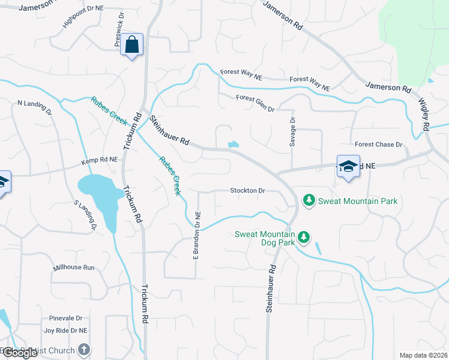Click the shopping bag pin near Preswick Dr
131,45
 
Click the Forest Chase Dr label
378,145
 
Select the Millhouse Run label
74,267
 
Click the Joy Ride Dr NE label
66,331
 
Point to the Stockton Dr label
247,191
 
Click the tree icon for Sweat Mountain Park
309,200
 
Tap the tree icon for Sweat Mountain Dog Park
304,238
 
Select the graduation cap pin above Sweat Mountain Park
348,166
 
